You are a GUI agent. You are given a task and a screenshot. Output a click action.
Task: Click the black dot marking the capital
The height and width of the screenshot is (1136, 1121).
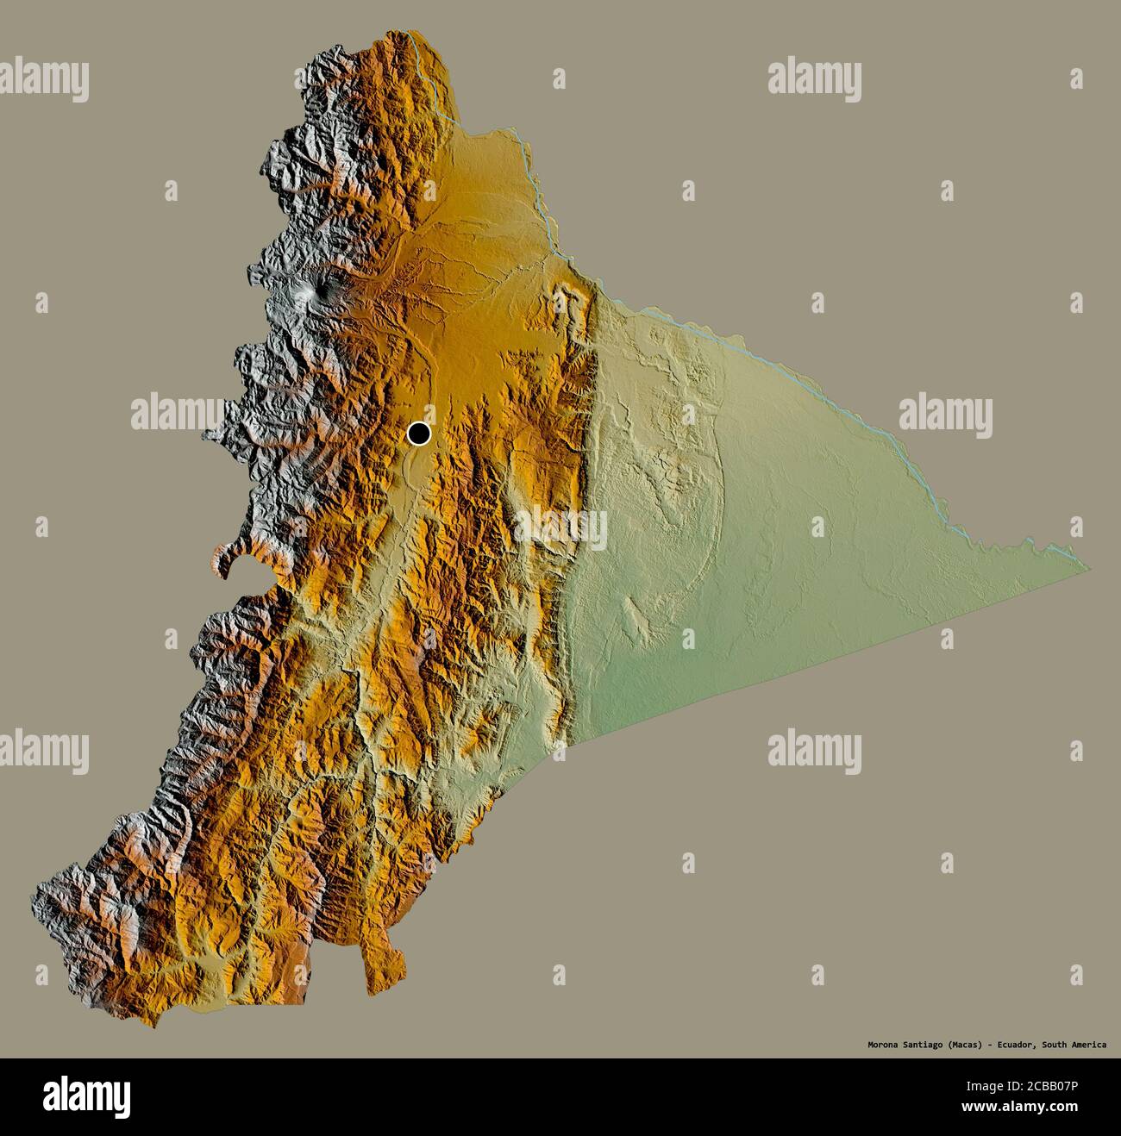[419, 433]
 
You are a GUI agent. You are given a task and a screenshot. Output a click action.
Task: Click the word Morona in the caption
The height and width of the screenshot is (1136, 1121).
[884, 1045]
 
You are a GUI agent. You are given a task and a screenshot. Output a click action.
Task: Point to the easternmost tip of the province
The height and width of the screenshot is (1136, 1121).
[1088, 568]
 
